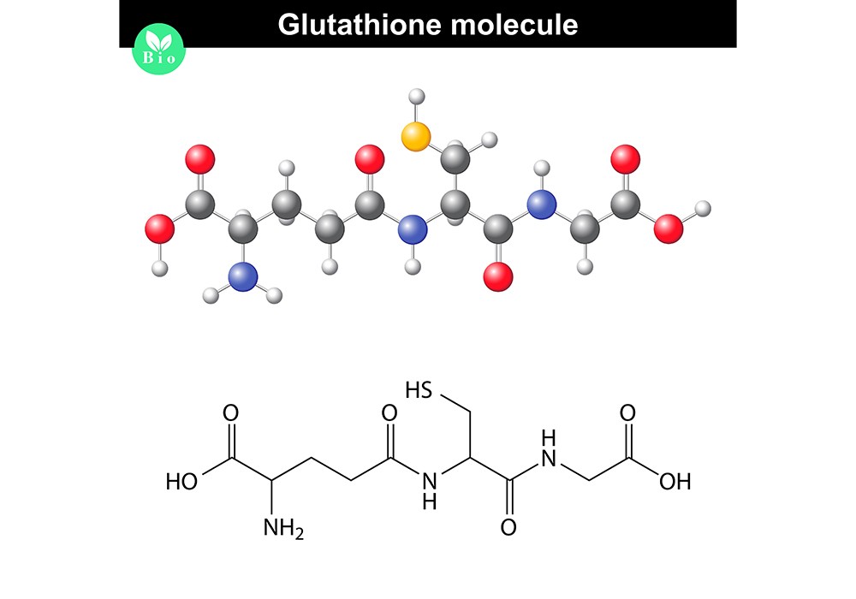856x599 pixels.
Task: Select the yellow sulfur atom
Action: coord(416,136)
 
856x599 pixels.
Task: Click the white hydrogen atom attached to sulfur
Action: coord(417,96)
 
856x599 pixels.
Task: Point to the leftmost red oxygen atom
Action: coord(159,228)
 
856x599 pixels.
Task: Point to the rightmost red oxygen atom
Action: coord(669,228)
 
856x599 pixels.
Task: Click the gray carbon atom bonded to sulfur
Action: coord(457,159)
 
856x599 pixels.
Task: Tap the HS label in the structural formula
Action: coord(419,392)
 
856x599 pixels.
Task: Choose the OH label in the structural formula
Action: coord(675,482)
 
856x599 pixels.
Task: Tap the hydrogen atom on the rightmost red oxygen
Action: coord(703,208)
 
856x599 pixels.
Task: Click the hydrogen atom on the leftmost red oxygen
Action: coord(158,268)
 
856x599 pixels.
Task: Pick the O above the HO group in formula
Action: coord(230,412)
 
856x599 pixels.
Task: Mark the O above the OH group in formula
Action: coord(628,412)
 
